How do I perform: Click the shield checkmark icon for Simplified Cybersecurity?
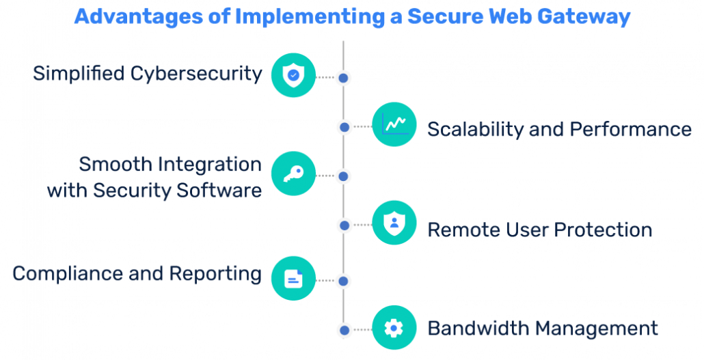[x=293, y=76]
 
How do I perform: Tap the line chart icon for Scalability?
[x=394, y=124]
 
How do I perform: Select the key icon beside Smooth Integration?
[x=293, y=174]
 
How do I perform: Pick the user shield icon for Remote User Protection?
[x=394, y=223]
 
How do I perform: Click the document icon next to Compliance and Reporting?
[x=293, y=278]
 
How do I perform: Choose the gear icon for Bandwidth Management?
[x=394, y=328]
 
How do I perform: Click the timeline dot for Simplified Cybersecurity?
[x=344, y=78]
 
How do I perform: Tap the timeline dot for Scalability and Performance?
[x=344, y=127]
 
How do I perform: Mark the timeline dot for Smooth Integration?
[x=344, y=176]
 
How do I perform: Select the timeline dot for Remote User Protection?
[x=344, y=225]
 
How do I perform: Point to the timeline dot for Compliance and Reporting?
[x=344, y=281]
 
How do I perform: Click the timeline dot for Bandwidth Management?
[x=344, y=330]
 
